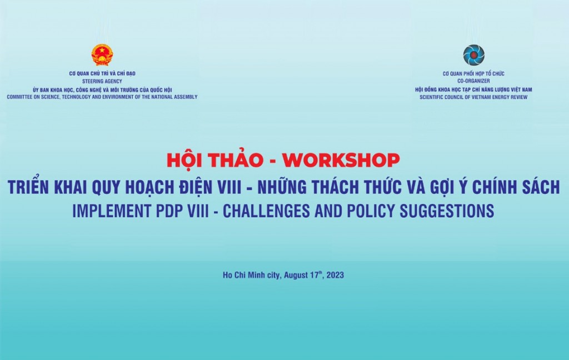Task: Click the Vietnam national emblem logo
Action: click(102, 55)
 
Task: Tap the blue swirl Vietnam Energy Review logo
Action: click(473, 55)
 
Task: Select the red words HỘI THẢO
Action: click(215, 159)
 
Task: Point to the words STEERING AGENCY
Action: click(102, 81)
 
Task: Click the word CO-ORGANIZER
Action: click(473, 81)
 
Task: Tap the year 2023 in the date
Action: click(335, 275)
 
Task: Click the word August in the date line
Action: click(296, 275)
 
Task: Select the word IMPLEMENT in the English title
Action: click(112, 211)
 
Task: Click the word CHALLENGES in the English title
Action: click(266, 211)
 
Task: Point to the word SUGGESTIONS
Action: click(447, 211)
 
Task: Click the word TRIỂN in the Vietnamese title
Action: click(28, 186)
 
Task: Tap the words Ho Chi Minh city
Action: click(252, 275)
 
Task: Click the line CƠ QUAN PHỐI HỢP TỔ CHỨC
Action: click(473, 73)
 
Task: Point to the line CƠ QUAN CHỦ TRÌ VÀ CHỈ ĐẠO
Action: click(102, 73)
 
